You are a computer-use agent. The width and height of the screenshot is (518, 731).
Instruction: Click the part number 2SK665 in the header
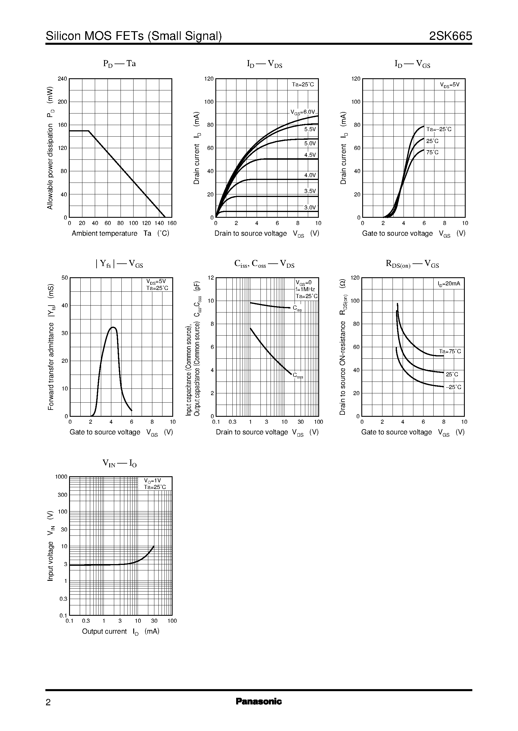coord(450,36)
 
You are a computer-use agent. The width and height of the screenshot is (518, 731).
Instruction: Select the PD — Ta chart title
coord(119,64)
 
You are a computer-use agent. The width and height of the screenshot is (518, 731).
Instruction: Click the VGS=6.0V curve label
coord(302,112)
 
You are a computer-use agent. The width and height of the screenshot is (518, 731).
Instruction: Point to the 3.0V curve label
coord(310,207)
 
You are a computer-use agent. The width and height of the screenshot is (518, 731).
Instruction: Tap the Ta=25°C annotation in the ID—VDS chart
coord(303,84)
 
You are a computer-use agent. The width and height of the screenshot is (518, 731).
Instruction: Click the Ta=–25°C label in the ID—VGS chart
coord(439,129)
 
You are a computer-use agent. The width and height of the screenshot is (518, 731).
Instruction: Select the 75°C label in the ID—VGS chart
coord(432,152)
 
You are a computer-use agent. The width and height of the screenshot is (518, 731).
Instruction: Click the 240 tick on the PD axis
coord(62,79)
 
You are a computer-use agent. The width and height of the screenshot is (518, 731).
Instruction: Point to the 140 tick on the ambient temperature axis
coord(159,223)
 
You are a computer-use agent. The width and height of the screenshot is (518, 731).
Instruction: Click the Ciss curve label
coord(297,308)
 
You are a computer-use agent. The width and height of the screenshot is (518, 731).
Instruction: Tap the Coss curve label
coord(298,376)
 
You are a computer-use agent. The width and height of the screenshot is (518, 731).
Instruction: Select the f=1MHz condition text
coord(305,289)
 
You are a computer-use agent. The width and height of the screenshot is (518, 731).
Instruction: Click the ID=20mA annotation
coord(449,284)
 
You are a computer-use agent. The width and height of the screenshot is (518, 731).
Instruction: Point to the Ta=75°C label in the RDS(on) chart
coord(450,351)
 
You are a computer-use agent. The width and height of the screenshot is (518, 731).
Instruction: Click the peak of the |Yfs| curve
coord(113,327)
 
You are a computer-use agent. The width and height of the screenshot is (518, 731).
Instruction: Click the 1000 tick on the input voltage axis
coord(61,477)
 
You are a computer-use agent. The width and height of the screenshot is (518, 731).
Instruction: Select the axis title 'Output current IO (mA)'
coord(121,631)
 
